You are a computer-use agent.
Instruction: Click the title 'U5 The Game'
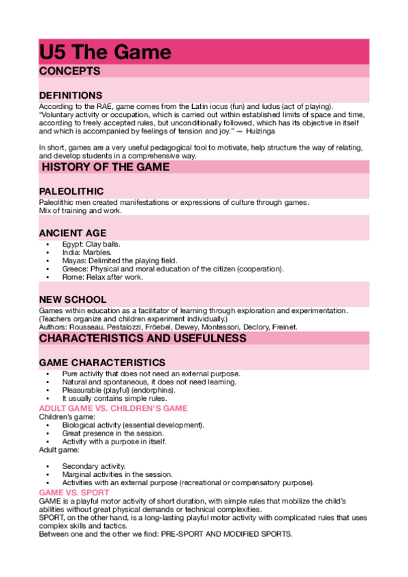(x=105, y=52)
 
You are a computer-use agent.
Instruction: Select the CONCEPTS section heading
(x=70, y=71)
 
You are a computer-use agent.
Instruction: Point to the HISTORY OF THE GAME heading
(x=106, y=167)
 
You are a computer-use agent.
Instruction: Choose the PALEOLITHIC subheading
(x=72, y=191)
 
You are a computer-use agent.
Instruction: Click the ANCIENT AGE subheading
(x=73, y=233)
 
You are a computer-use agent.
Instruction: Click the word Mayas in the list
(x=72, y=260)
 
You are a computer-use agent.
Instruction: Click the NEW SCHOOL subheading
(x=73, y=299)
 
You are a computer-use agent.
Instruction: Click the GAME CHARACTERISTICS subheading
(x=102, y=363)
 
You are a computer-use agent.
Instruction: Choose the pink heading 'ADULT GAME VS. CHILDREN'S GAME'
(x=113, y=408)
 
